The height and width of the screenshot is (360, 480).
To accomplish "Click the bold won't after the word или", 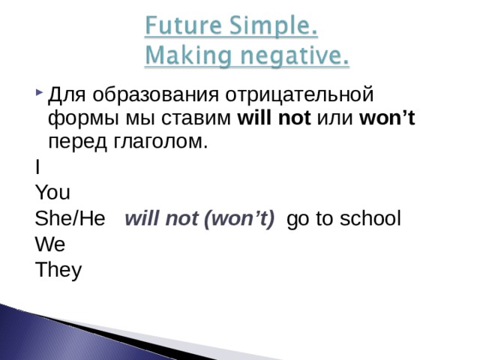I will pos(387,118).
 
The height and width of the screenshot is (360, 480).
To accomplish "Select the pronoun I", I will pos(37,167).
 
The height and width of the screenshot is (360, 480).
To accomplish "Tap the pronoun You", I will pos(52,193).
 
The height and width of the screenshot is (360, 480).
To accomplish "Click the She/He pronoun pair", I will pos(75,219).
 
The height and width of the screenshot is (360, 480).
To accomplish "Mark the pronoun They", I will pos(58,270).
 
